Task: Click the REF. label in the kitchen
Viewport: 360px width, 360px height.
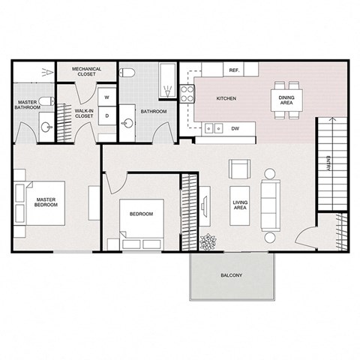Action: pyautogui.click(x=233, y=70)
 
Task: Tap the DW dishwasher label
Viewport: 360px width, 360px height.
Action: pyautogui.click(x=235, y=128)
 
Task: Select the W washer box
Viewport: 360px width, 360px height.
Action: pyautogui.click(x=106, y=97)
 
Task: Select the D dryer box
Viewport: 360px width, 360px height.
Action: pyautogui.click(x=106, y=115)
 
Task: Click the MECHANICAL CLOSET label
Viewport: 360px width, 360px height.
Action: pyautogui.click(x=87, y=72)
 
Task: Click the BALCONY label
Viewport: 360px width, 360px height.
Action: pyautogui.click(x=231, y=276)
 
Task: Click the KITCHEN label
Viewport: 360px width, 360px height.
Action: pyautogui.click(x=226, y=99)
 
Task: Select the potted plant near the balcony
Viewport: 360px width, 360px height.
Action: pyautogui.click(x=207, y=242)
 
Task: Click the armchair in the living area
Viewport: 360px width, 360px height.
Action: pyautogui.click(x=239, y=169)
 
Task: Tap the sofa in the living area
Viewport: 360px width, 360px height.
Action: pyautogui.click(x=268, y=200)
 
